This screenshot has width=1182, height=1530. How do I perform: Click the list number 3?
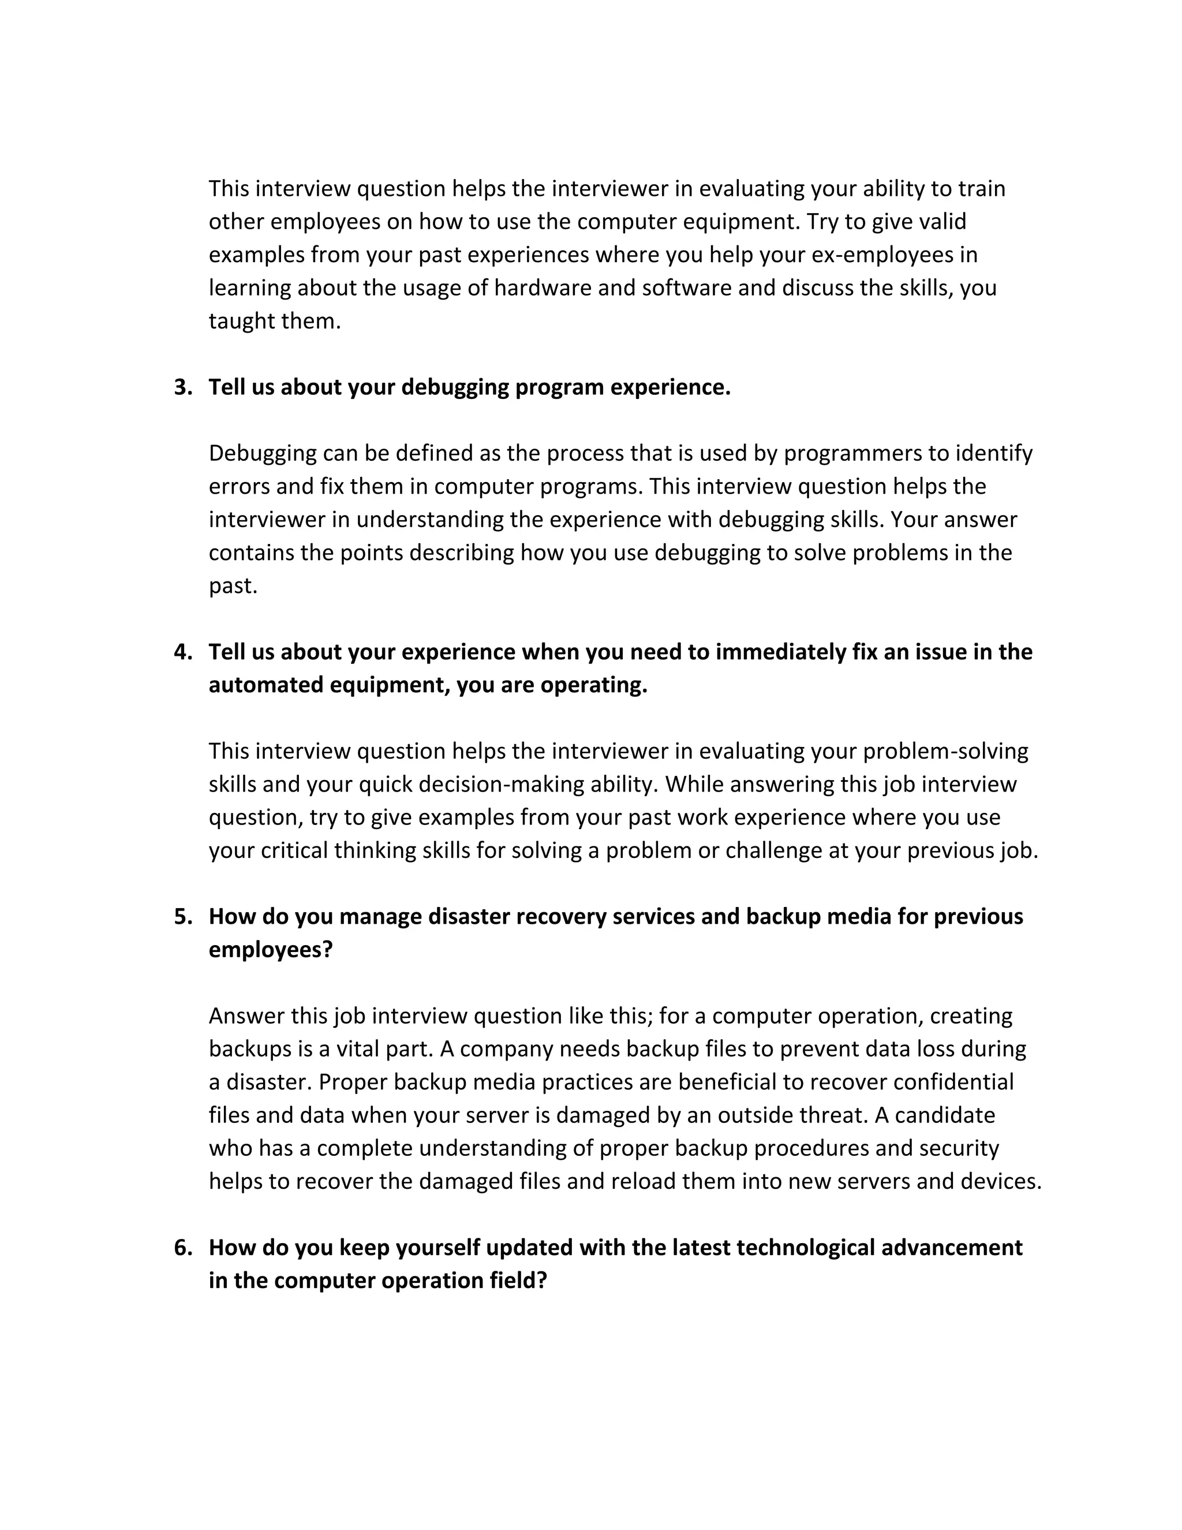click(x=182, y=387)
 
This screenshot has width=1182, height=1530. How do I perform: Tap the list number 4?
click(x=182, y=652)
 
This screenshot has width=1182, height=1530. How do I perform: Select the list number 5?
click(x=182, y=917)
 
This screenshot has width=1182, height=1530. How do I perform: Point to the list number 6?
click(x=182, y=1248)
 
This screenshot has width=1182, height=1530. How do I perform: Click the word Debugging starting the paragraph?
click(x=263, y=454)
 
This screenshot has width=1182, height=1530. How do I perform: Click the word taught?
click(x=242, y=321)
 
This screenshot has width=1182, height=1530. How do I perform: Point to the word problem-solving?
click(x=945, y=752)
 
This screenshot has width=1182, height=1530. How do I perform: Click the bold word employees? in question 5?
click(x=270, y=950)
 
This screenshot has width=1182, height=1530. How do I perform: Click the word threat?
click(x=835, y=1115)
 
